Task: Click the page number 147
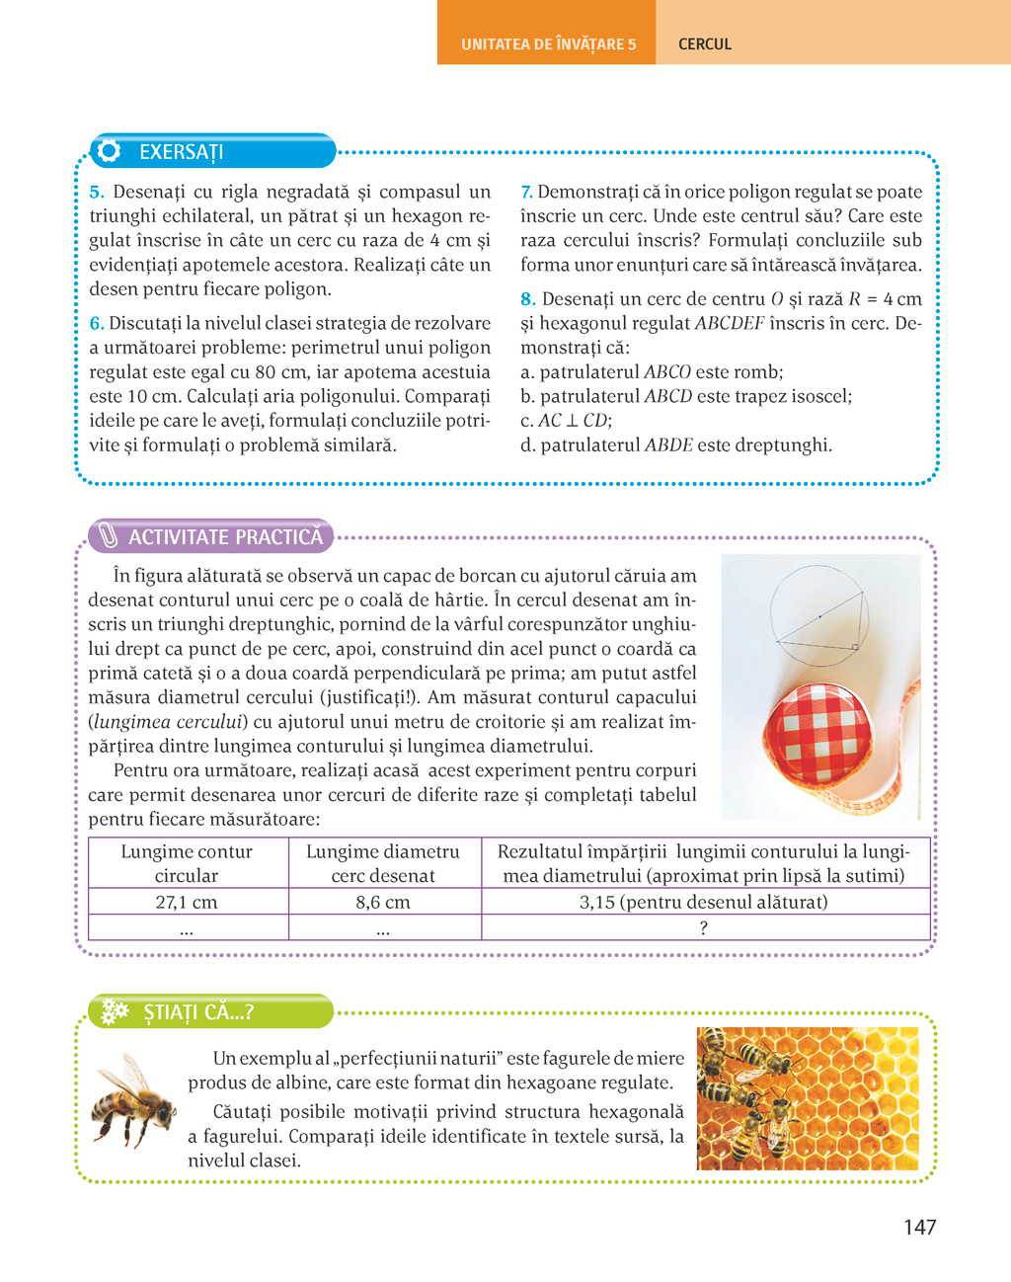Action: tap(919, 1227)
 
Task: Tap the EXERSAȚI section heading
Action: tap(181, 152)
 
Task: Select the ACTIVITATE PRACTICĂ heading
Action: tap(225, 537)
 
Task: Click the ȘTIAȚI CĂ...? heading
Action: tap(198, 1012)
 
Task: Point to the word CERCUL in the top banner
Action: tap(705, 44)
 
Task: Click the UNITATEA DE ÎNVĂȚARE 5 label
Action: tap(548, 44)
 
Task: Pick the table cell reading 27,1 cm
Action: tap(187, 902)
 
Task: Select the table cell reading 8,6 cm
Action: tap(383, 902)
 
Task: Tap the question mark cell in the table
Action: tap(704, 927)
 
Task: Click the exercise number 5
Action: tap(97, 193)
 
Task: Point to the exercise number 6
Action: tap(97, 324)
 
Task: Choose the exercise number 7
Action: tap(526, 193)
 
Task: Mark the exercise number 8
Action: tap(527, 299)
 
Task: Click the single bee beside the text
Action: tap(133, 1101)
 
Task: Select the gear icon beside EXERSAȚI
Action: tap(110, 151)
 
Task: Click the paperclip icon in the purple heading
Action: tap(108, 537)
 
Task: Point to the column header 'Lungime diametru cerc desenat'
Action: tap(383, 863)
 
